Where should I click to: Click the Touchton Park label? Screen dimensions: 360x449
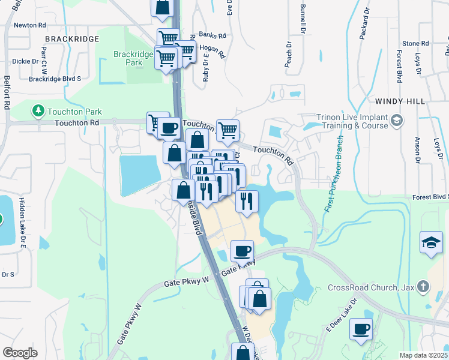point(74,112)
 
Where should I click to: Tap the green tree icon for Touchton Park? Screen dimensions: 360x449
point(38,111)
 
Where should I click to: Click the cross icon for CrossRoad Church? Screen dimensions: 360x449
point(423,286)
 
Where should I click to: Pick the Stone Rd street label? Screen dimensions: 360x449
point(415,43)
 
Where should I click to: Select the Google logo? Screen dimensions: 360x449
point(20,353)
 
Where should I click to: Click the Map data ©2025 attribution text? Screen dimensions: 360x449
point(424,355)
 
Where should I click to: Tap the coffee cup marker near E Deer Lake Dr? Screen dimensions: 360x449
point(361,329)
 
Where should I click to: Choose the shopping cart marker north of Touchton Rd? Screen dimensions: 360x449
point(228,130)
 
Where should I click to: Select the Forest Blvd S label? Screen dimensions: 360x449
point(430,196)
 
